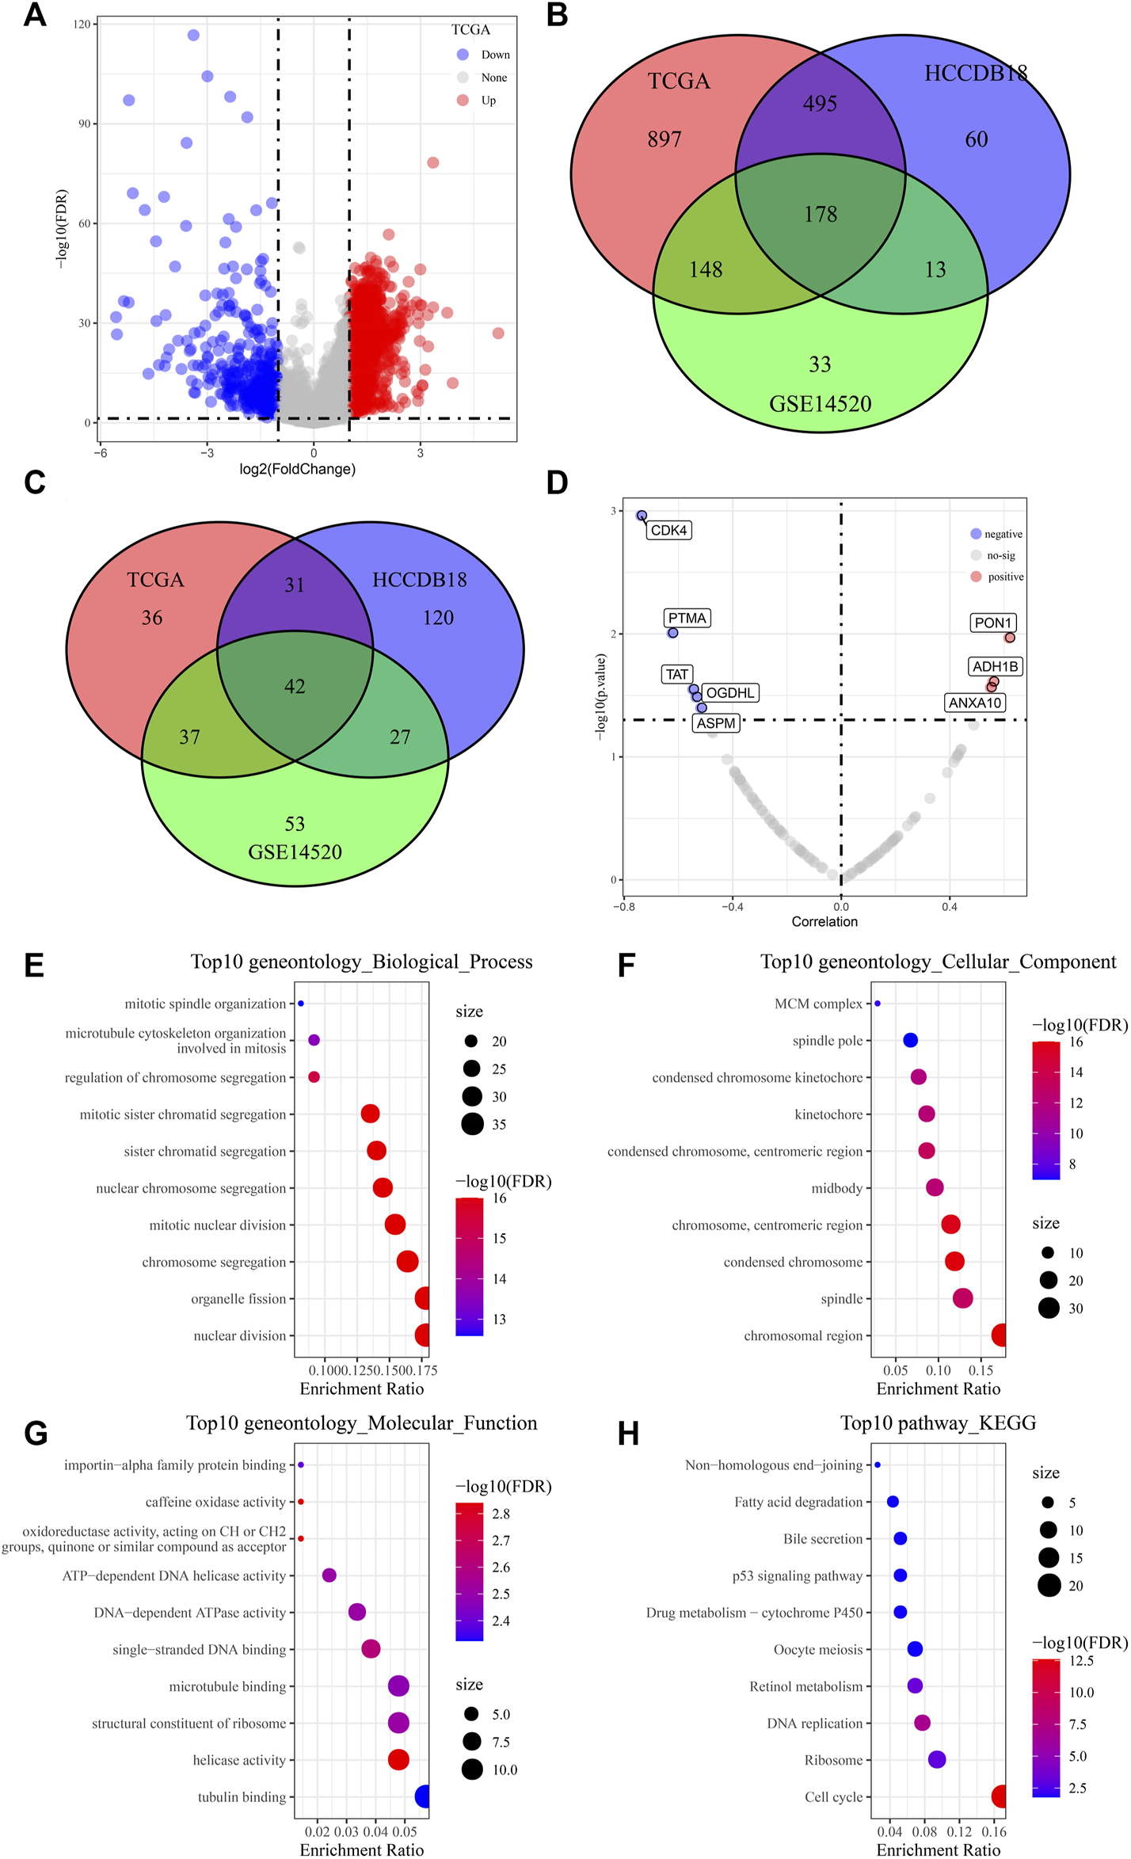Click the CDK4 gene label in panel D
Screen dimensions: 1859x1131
(668, 530)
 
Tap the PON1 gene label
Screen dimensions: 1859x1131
(993, 623)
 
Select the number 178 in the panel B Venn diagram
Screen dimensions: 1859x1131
(821, 214)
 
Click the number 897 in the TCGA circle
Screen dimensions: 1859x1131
(664, 139)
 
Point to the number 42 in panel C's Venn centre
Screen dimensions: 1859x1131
(295, 686)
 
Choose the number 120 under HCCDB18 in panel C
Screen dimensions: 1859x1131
(438, 618)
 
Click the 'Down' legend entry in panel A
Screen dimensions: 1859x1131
(495, 55)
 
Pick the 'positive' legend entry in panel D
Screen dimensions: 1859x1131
(1005, 577)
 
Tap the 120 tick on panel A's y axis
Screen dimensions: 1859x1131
(82, 25)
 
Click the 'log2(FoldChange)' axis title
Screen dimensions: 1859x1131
(297, 469)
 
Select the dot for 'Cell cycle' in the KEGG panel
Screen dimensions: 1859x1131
(999, 1796)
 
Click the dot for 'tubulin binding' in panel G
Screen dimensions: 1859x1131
(423, 1796)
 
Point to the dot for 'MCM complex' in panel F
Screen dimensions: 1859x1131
(878, 1004)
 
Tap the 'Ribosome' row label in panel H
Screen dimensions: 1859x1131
(833, 1760)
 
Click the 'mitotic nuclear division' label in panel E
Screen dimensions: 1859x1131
(217, 1225)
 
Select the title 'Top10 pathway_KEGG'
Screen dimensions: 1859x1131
(938, 1423)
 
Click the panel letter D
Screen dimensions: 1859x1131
(557, 482)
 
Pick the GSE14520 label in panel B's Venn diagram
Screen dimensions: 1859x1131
(820, 404)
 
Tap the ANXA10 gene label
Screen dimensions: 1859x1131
(975, 703)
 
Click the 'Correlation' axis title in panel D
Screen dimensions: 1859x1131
(824, 921)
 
